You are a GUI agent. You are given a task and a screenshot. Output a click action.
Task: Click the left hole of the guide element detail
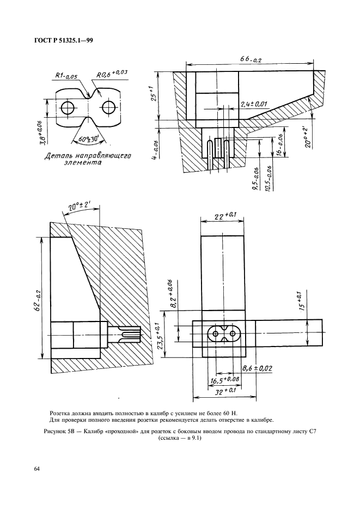tap(67, 108)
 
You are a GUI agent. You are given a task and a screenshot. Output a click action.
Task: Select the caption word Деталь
tap(62, 156)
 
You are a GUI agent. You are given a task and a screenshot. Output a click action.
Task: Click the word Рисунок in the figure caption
tap(54, 431)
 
